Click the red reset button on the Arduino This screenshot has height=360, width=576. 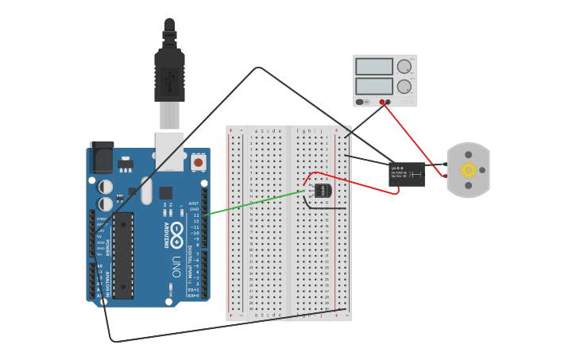pyautogui.click(x=198, y=162)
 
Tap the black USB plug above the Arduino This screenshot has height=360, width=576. pyautogui.click(x=169, y=75)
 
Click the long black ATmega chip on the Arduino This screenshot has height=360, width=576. pyautogui.click(x=123, y=255)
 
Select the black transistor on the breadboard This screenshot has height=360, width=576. pyautogui.click(x=322, y=191)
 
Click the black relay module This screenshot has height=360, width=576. pyautogui.click(x=406, y=174)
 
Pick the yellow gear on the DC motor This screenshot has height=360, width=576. pyautogui.click(x=468, y=170)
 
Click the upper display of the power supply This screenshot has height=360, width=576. pyautogui.click(x=374, y=67)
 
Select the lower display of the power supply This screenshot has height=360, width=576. pyautogui.click(x=374, y=86)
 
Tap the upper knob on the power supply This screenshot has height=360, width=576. pyautogui.click(x=404, y=67)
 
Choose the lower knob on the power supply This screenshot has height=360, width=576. pyautogui.click(x=404, y=86)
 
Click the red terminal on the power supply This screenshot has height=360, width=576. pyautogui.click(x=381, y=102)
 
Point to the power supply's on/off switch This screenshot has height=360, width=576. pyautogui.click(x=360, y=102)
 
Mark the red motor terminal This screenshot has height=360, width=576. pyautogui.click(x=445, y=176)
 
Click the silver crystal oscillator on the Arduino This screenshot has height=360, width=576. pyautogui.click(x=146, y=190)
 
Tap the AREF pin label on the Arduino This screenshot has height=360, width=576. pyautogui.click(x=193, y=203)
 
